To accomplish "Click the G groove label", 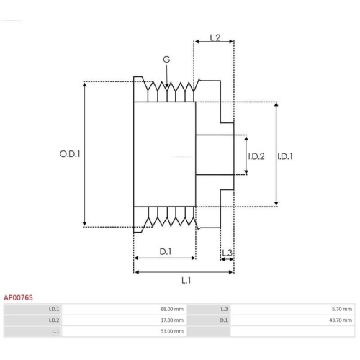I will pos(167,59).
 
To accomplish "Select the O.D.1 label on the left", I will pos(69,153).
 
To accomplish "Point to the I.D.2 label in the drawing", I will pos(256,156).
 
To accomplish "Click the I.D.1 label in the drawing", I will pos(286,156).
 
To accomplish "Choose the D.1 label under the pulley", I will pos(165,251).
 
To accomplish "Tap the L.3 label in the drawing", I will pos(226,252).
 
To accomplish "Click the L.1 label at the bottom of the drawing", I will pos(186,280).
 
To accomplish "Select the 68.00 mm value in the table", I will pos(171,309).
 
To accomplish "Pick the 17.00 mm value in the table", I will pos(171,320).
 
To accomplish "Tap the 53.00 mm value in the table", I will pos(171,331).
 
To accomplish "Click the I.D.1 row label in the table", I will pos(53,309).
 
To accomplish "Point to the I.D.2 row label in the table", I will pos(53,320).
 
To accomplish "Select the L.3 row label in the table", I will pos(224,309).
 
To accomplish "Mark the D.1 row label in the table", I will pos(224,320).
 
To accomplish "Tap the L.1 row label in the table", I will pos(55,331).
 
